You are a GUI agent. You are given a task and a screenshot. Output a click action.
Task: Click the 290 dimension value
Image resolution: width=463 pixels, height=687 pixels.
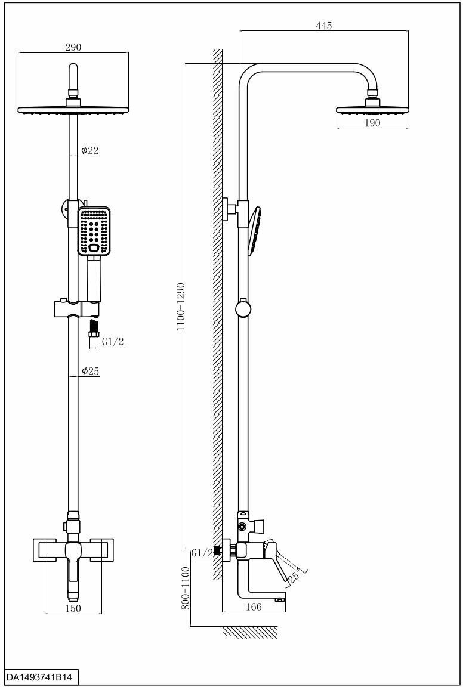[x=73, y=47]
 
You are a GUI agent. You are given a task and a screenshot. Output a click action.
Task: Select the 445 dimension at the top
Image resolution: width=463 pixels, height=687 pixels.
[x=324, y=26]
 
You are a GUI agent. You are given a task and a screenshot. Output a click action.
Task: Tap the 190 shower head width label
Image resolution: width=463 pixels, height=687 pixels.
[x=372, y=123]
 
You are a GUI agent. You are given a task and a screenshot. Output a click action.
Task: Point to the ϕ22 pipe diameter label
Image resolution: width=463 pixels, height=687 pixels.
[x=90, y=151]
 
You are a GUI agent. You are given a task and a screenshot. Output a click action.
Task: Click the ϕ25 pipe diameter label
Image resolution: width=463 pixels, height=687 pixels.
[x=90, y=372]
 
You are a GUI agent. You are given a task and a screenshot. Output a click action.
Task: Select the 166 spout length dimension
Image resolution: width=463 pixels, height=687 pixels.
[x=254, y=607]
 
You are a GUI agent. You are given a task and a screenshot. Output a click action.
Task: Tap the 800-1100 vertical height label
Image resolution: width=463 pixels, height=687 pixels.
[x=186, y=588]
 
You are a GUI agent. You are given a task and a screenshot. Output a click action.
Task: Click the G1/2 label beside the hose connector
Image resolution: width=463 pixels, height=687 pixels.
[x=112, y=342]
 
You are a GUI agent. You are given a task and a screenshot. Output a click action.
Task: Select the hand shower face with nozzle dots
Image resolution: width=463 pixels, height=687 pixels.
[x=94, y=231]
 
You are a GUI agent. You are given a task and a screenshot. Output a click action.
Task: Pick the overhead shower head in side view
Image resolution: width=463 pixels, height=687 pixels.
[x=374, y=111]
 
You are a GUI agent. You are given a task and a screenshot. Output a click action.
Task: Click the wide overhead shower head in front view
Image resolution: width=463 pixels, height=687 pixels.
[x=73, y=110]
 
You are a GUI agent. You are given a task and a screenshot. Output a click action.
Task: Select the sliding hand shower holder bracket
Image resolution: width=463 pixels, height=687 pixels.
[x=76, y=309]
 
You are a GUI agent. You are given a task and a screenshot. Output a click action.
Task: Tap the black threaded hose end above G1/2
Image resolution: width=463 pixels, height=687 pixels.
[x=93, y=326]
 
